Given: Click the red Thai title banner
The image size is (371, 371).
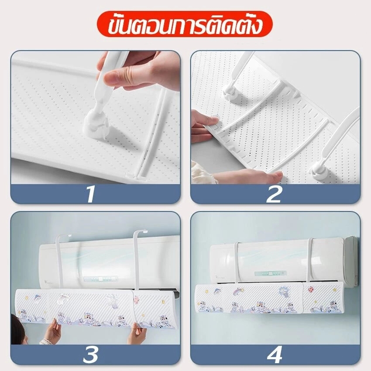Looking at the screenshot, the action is pyautogui.click(x=185, y=24).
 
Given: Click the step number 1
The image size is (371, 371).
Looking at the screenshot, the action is pyautogui.click(x=91, y=194).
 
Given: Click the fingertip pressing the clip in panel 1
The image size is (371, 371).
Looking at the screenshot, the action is pyautogui.click(x=112, y=78).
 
